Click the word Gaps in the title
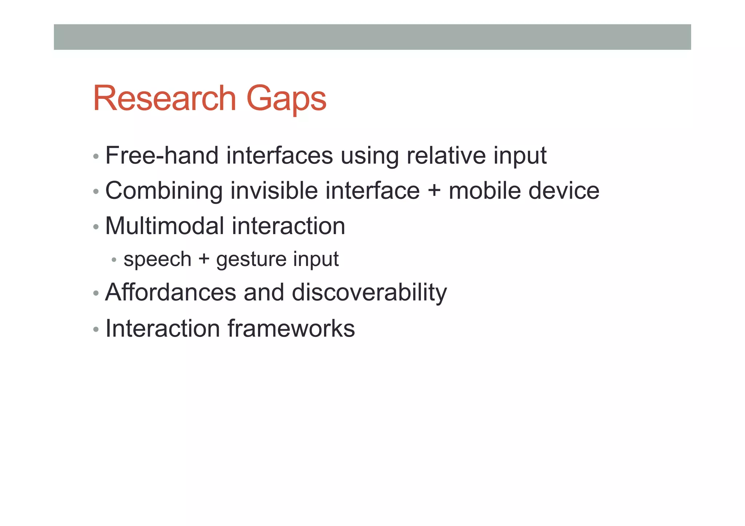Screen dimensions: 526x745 286,99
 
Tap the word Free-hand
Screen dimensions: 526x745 162,156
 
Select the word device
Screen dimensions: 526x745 563,190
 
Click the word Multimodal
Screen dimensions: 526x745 164,226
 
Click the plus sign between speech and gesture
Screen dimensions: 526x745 204,260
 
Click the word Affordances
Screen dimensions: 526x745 171,292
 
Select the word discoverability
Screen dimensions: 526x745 369,293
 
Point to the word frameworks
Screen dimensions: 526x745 291,329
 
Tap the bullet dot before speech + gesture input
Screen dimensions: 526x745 114,260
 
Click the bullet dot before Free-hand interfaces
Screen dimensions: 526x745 96,157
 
